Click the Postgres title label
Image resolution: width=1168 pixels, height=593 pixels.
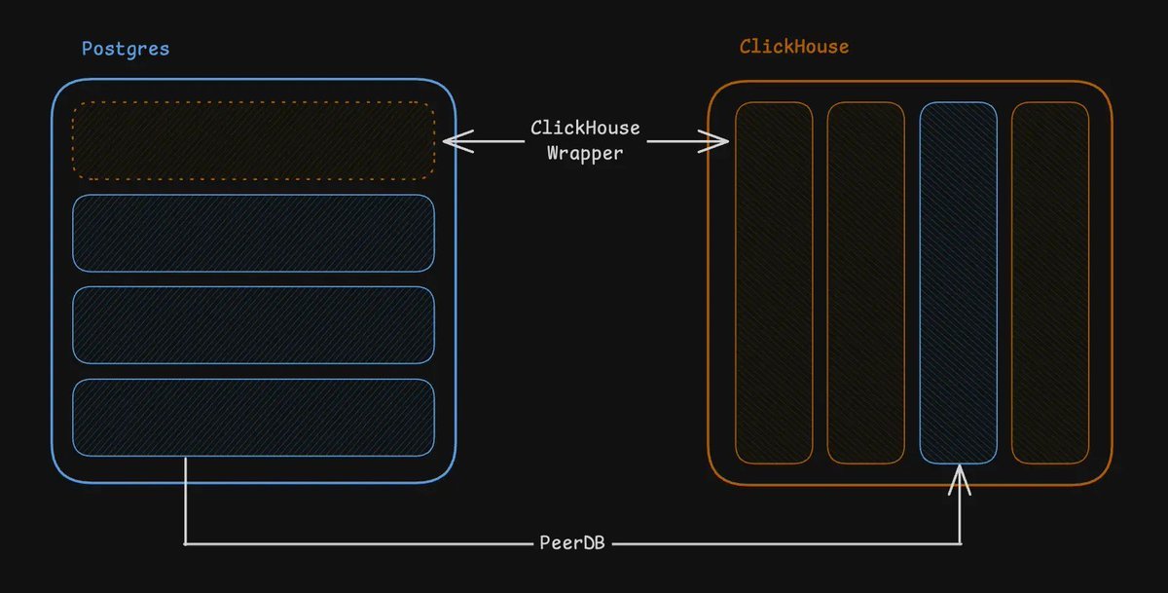(125, 49)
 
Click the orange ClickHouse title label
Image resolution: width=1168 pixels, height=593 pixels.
(793, 47)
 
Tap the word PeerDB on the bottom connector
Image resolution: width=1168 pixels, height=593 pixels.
(572, 542)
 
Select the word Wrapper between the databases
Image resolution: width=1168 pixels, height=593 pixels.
(584, 153)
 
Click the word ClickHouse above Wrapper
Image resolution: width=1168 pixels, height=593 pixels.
(585, 129)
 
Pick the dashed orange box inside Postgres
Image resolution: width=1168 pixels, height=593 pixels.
(253, 140)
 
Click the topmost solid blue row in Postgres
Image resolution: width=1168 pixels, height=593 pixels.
(253, 233)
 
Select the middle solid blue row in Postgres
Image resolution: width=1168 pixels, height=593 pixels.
(253, 324)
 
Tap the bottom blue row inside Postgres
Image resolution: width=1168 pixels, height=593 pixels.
(253, 417)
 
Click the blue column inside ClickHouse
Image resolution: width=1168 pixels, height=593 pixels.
(958, 282)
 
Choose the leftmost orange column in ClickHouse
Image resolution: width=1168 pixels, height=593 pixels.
(774, 282)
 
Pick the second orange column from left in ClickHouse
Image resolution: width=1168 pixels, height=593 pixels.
(865, 282)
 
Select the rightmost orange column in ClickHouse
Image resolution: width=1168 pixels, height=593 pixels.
(1050, 282)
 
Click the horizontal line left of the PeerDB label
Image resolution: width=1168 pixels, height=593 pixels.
(360, 543)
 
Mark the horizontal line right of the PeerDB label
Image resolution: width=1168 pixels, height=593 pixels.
(779, 543)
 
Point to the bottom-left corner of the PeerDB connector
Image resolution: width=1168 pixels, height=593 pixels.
(185, 543)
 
